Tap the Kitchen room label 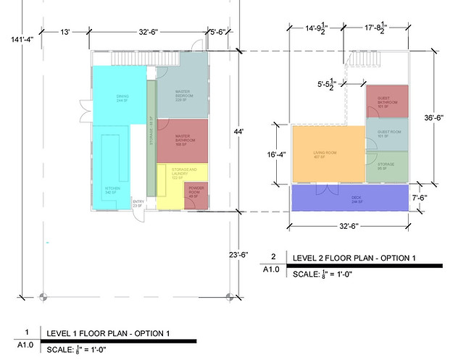111,191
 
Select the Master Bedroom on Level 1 182,94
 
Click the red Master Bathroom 182,142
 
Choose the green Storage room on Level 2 388,165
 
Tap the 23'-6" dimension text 240,254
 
